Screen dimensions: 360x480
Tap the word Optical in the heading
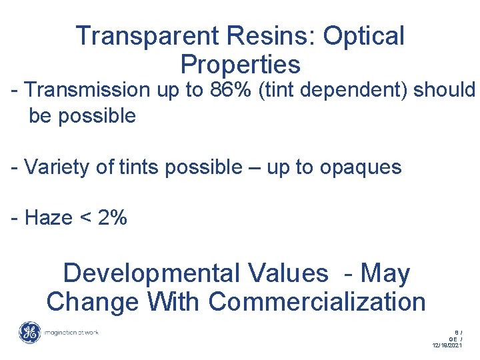[x=363, y=36]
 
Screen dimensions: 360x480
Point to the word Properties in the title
[x=240, y=65]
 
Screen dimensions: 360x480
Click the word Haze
[x=49, y=218]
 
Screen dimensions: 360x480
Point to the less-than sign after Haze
[x=85, y=219]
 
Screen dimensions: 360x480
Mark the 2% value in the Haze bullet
[x=111, y=218]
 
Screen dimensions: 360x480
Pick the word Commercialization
[x=317, y=301]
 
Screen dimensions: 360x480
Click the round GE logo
[x=29, y=333]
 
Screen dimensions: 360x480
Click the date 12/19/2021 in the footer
[x=447, y=345]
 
